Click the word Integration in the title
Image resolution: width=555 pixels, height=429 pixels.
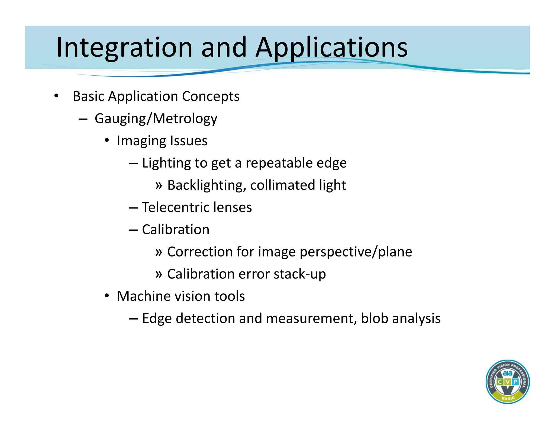[x=124, y=48]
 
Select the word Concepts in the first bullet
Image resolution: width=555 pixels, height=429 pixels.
[x=211, y=97]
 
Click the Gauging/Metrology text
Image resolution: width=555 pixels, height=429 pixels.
[x=156, y=119]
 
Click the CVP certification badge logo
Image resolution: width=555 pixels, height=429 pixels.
[x=507, y=382]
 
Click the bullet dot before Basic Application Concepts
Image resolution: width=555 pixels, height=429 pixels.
[x=56, y=96]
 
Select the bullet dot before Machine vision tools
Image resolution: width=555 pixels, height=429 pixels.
[x=107, y=296]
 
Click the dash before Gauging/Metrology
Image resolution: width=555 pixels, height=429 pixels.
[x=83, y=119]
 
